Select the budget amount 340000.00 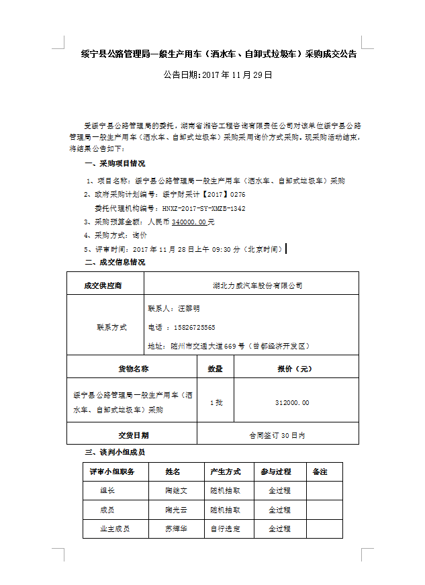tap(189, 222)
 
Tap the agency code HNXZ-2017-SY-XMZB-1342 tap(205, 208)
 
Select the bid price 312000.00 tap(292, 402)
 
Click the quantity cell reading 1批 tap(216, 402)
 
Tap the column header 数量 tap(216, 369)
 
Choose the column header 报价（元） tap(294, 369)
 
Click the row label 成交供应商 tap(105, 285)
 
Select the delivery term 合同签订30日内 tap(277, 435)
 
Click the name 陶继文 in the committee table tap(176, 490)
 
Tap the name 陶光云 tap(176, 510)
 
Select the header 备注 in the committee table tap(320, 472)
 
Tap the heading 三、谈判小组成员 tap(115, 452)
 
